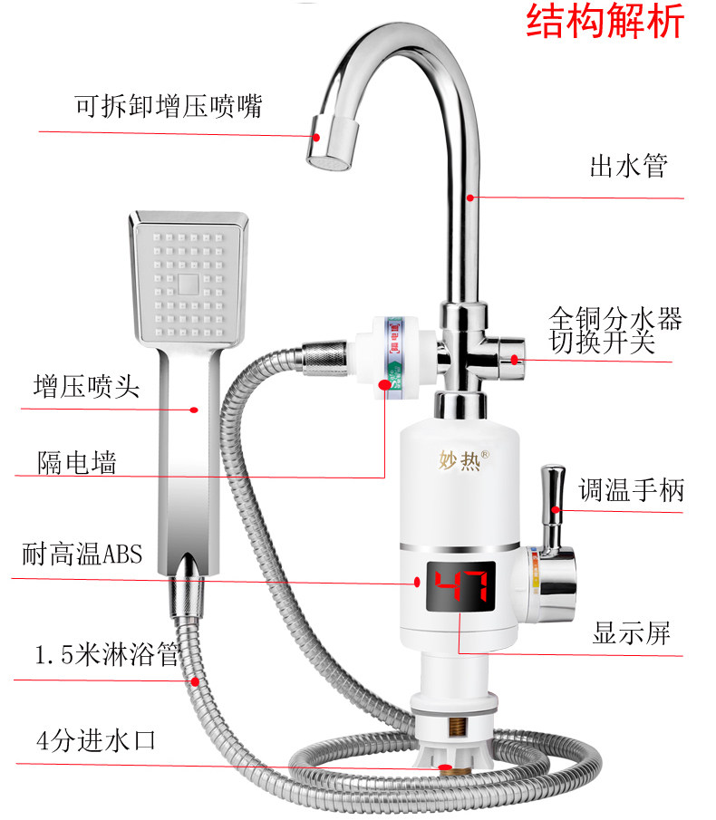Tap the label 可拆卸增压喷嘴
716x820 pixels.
click(x=169, y=106)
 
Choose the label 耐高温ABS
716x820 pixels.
click(x=82, y=554)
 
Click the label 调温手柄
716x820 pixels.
click(x=632, y=492)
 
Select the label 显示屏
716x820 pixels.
click(x=632, y=632)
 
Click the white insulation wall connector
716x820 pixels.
click(x=387, y=354)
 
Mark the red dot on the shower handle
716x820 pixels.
click(x=193, y=410)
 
